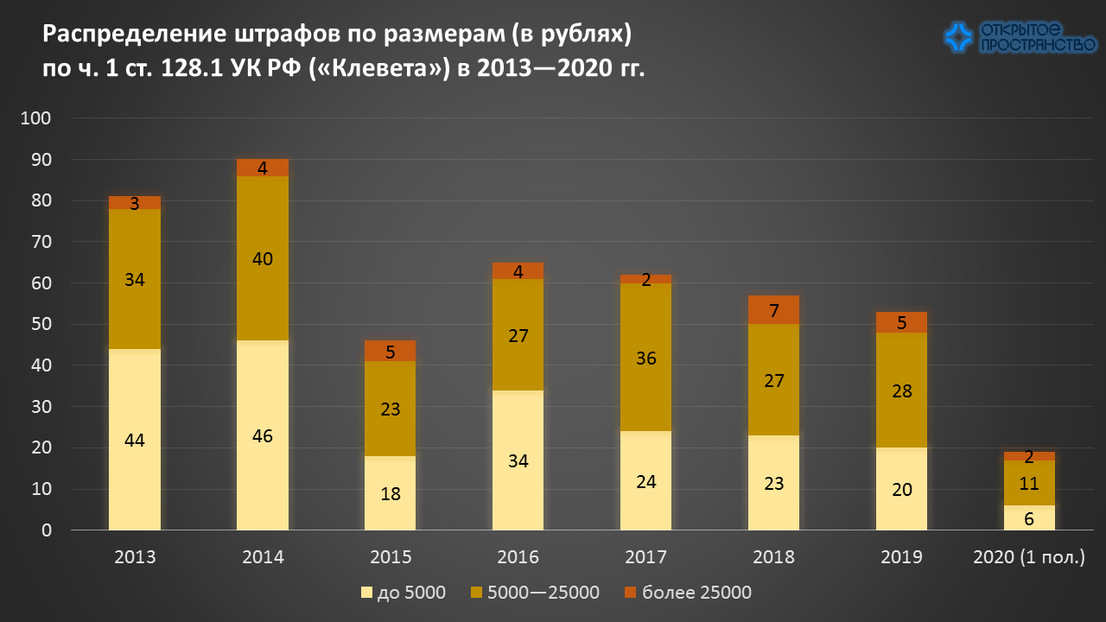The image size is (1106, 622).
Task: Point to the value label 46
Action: coord(263,436)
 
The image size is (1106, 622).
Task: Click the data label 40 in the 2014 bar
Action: coord(263,259)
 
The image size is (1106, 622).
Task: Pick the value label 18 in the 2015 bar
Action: coord(391,494)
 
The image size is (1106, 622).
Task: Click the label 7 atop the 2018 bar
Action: coord(774,310)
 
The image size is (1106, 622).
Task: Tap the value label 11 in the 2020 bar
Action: coord(1029,484)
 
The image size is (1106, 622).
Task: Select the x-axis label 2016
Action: coord(518,557)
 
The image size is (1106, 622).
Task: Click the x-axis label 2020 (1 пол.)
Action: coord(1029,557)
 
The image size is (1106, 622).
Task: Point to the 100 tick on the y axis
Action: coord(41,118)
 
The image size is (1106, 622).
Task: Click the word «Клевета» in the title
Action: coord(381,68)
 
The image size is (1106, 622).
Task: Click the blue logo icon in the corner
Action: coord(958,36)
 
